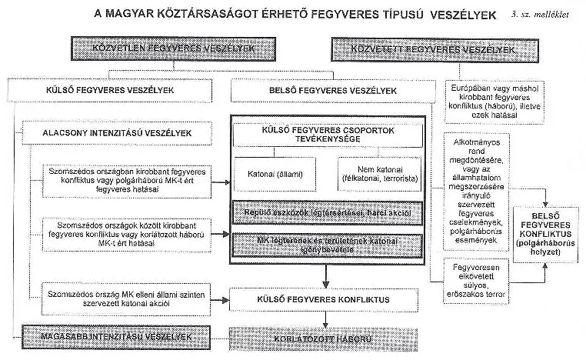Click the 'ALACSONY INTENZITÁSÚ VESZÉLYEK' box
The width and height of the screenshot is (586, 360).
click(117, 133)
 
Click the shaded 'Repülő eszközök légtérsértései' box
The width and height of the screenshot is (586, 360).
click(327, 212)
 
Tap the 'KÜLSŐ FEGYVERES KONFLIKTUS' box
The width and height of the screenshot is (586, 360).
click(327, 298)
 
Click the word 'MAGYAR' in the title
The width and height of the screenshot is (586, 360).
click(135, 14)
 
